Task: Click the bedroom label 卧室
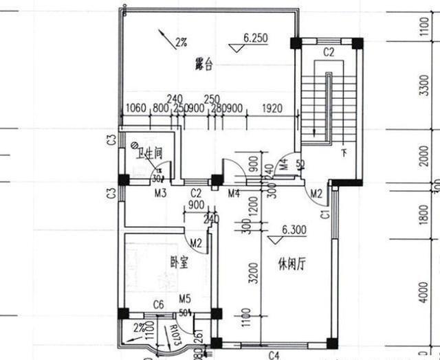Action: click(x=179, y=262)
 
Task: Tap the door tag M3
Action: click(x=160, y=193)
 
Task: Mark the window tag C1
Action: click(x=325, y=215)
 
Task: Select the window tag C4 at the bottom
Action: click(x=273, y=355)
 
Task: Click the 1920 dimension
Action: click(x=273, y=108)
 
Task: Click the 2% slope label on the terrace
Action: click(x=181, y=43)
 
